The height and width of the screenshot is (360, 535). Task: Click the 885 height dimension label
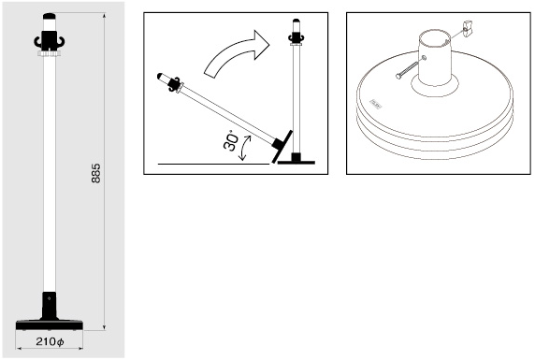tap(96, 173)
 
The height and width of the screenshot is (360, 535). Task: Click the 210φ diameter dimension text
tap(50, 341)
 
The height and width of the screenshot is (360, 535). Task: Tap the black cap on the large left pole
tap(50, 16)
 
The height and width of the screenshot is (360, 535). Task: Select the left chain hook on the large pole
tap(37, 42)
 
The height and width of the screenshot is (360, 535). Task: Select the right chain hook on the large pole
tap(61, 42)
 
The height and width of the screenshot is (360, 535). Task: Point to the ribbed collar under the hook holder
tap(50, 54)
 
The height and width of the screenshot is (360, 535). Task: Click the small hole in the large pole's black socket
tap(50, 298)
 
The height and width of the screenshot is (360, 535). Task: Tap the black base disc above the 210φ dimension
tap(50, 324)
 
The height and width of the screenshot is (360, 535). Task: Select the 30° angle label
tap(232, 140)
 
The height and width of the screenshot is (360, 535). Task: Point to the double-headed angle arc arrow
tap(245, 148)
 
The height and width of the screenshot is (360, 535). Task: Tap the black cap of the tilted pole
tap(159, 76)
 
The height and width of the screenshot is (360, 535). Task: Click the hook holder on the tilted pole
tap(174, 84)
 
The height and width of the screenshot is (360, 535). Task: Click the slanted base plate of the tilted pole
tap(282, 147)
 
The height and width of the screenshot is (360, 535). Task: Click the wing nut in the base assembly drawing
tap(467, 28)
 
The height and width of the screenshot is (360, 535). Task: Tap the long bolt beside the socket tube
tap(409, 69)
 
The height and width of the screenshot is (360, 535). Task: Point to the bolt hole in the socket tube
tap(424, 58)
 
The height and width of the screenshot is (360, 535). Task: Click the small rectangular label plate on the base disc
tap(376, 104)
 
